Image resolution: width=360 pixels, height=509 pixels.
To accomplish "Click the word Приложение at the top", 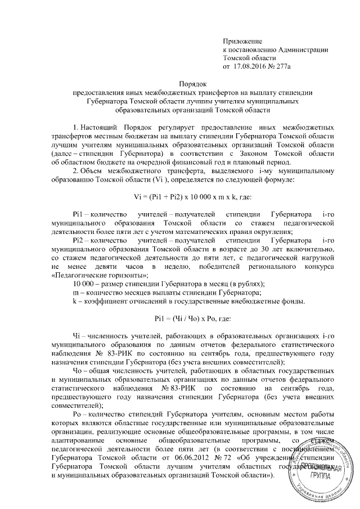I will click(243, 42).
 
